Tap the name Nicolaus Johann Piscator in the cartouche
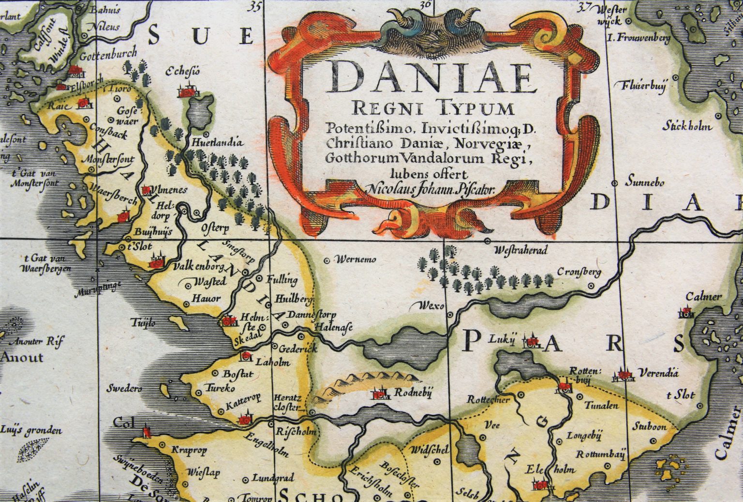431,190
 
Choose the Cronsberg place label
579,272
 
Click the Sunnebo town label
644,183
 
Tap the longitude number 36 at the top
425,5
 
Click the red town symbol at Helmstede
228,320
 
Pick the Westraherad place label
520,251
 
